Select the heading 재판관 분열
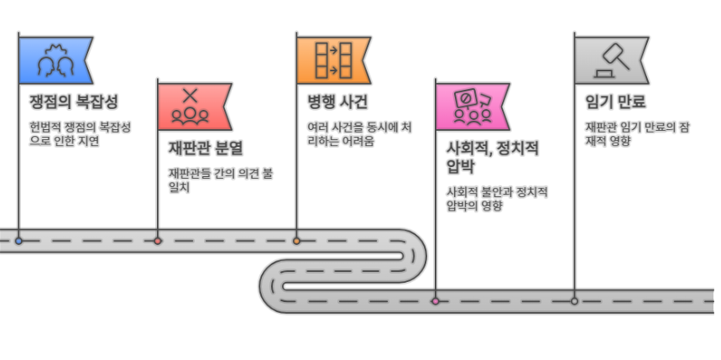click(205, 149)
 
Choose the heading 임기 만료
click(614, 103)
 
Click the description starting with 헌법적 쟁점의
click(80, 134)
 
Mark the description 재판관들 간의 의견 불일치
click(221, 180)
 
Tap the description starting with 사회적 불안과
click(497, 198)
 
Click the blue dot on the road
click(18, 241)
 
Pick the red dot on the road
click(158, 241)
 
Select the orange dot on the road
click(296, 241)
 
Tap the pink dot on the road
click(435, 300)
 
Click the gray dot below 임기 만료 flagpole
click(574, 300)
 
